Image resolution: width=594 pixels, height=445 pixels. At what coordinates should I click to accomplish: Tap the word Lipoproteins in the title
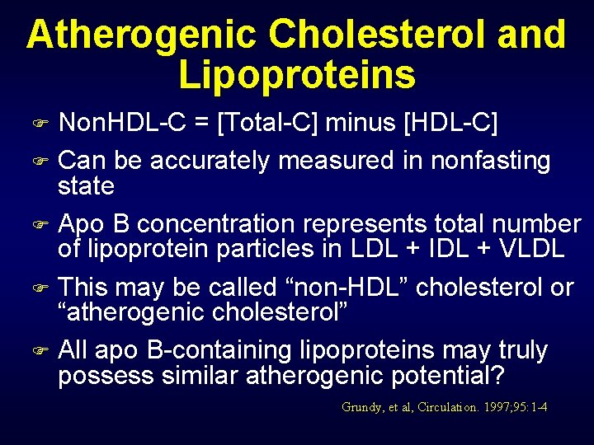point(297,74)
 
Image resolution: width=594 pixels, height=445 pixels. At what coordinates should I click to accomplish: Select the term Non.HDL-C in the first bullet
point(124,124)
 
